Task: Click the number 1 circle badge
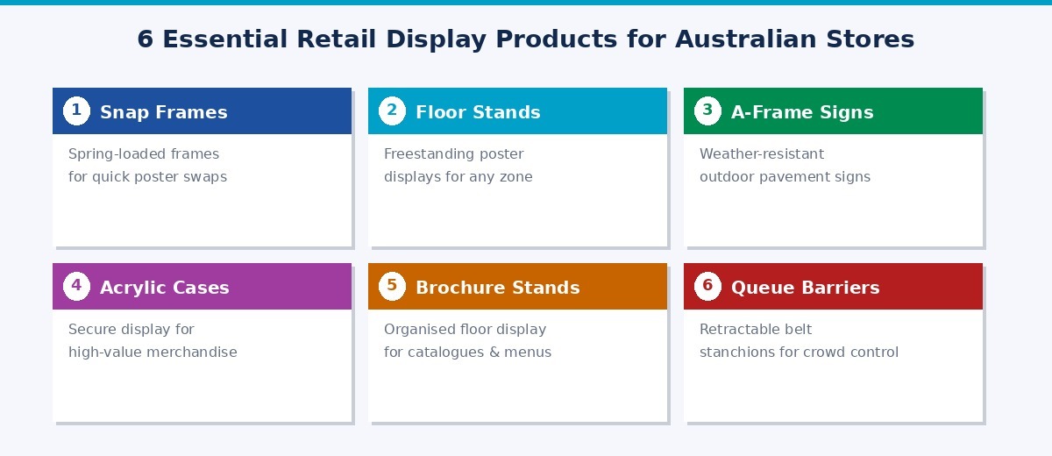pyautogui.click(x=76, y=111)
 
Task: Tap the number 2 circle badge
pyautogui.click(x=392, y=111)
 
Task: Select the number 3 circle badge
pyautogui.click(x=707, y=111)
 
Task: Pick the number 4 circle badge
pyautogui.click(x=76, y=287)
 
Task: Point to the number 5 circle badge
pyautogui.click(x=392, y=287)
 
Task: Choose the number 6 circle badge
pyautogui.click(x=707, y=287)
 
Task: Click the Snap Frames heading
pyautogui.click(x=164, y=112)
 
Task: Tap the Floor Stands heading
pyautogui.click(x=478, y=112)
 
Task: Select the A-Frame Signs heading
pyautogui.click(x=802, y=112)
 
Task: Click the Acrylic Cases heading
pyautogui.click(x=165, y=288)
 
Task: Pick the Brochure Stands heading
pyautogui.click(x=497, y=288)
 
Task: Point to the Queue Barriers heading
pyautogui.click(x=805, y=288)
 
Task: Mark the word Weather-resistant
pyautogui.click(x=762, y=154)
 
